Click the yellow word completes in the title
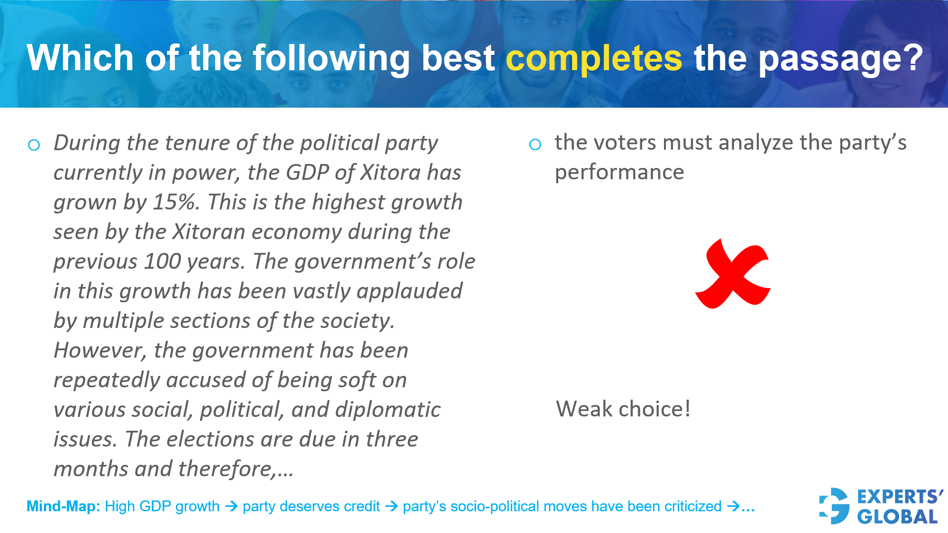point(594,58)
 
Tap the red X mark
point(732,274)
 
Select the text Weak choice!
point(623,409)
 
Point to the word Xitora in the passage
point(390,172)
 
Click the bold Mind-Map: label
point(63,506)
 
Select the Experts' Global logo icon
point(834,506)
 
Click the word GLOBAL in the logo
point(898,517)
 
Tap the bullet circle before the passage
point(34,145)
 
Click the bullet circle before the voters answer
point(535,144)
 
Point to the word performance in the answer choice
point(619,172)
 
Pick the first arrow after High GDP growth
point(231,506)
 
